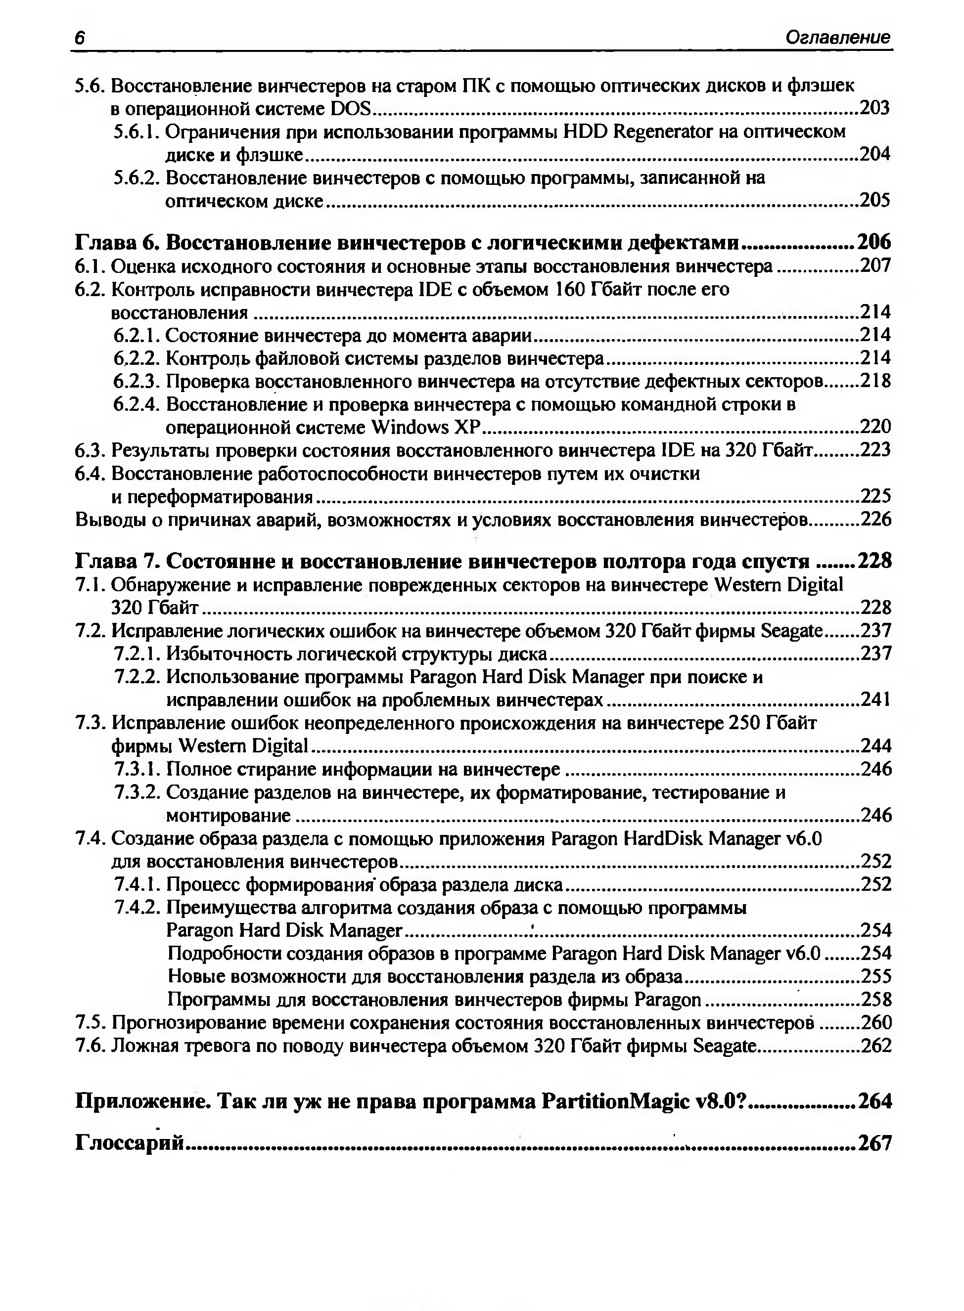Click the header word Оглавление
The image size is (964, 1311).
click(837, 38)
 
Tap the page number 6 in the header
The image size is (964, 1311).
click(79, 38)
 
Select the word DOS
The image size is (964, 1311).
click(350, 108)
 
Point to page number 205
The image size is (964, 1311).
click(875, 201)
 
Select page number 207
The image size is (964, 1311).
click(875, 266)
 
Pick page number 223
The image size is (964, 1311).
click(875, 450)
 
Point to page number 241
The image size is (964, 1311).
click(876, 699)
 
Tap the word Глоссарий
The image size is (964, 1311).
click(130, 1142)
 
